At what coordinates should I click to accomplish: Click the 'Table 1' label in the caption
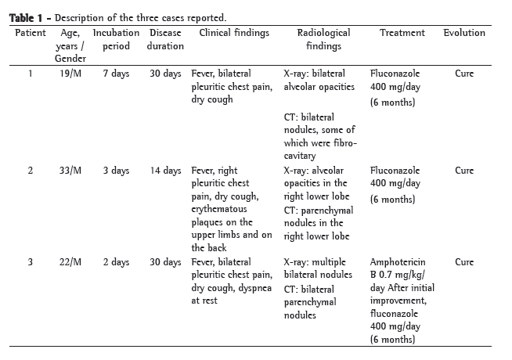pos(27,18)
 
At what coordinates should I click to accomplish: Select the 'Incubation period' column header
pos(116,39)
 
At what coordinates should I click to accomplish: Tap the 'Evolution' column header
pos(463,33)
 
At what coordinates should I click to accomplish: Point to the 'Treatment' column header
pos(402,33)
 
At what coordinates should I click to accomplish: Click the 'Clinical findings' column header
pos(234,33)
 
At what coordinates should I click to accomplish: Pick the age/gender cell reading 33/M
pos(70,170)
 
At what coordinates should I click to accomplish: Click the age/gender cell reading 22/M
pos(70,261)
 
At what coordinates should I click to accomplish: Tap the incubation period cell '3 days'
pos(116,170)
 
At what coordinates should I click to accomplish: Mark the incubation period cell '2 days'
pos(116,261)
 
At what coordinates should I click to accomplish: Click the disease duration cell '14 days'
pos(165,170)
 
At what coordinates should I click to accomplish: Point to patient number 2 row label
pos(31,170)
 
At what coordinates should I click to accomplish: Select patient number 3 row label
pos(31,261)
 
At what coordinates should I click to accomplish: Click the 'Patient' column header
pos(31,33)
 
